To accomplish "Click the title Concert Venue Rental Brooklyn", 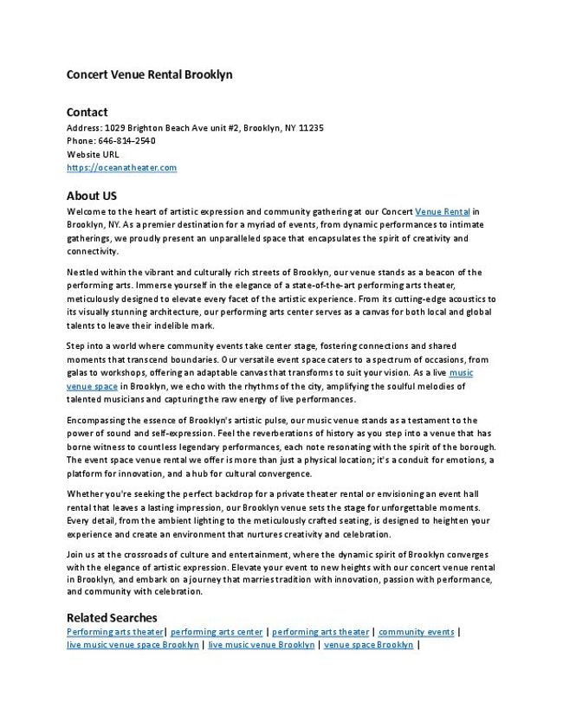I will click(x=150, y=74).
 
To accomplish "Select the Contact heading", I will click(x=87, y=112).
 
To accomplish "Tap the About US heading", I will click(x=92, y=196).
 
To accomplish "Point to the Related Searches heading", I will click(x=112, y=617).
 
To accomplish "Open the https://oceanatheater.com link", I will click(x=121, y=167).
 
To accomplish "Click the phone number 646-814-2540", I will click(x=124, y=140).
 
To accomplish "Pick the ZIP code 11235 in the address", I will click(x=310, y=127).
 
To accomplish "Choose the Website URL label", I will click(x=93, y=154).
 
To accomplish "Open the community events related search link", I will click(x=416, y=632).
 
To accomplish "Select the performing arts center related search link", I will click(x=217, y=632).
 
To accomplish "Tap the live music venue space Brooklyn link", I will click(x=133, y=645).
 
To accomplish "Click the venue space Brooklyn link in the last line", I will click(x=368, y=645).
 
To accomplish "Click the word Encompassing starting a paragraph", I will click(x=97, y=420).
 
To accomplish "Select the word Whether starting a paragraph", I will click(x=86, y=493).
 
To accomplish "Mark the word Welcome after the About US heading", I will click(x=87, y=210).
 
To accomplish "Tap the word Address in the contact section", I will click(x=84, y=127).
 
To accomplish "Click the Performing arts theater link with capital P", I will click(x=115, y=632).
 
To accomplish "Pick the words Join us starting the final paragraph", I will click(x=82, y=554).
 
